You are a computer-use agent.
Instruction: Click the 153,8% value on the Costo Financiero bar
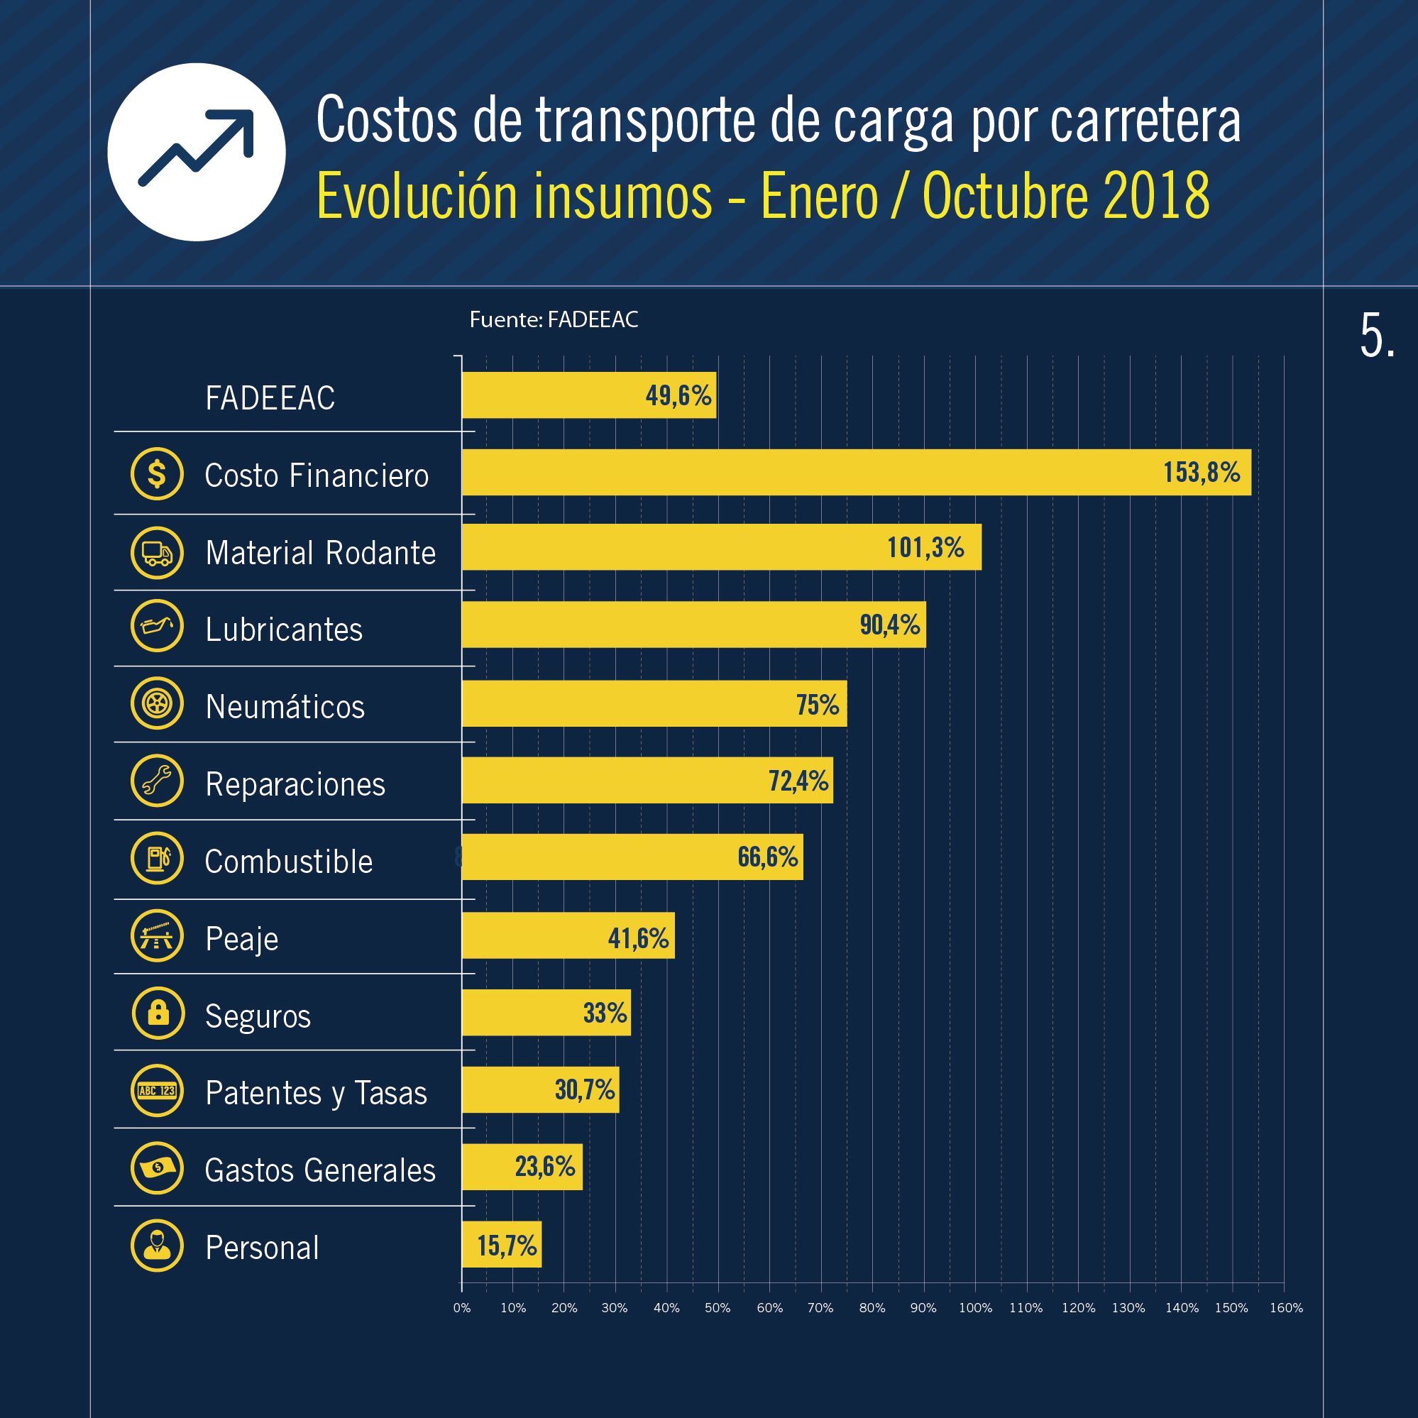click(1201, 472)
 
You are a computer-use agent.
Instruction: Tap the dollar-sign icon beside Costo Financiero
click(157, 473)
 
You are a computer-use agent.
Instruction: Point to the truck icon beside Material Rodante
click(157, 553)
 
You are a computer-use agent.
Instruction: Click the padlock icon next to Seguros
click(158, 1013)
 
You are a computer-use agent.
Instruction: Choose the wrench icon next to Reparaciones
click(157, 780)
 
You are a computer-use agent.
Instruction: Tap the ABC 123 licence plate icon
click(157, 1091)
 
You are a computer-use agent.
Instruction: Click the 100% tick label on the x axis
click(974, 1308)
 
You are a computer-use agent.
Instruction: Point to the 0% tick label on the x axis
click(461, 1308)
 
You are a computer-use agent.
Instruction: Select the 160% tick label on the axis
click(1286, 1308)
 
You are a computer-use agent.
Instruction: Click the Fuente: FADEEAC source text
click(554, 319)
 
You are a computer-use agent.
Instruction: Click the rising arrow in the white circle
click(197, 149)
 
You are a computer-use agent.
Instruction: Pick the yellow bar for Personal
click(501, 1244)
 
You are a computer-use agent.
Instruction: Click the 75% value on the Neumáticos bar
click(818, 705)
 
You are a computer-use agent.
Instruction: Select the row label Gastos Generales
click(320, 1170)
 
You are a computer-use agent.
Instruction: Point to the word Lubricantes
click(284, 630)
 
